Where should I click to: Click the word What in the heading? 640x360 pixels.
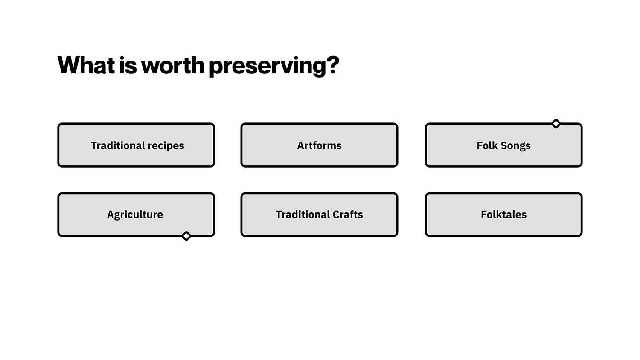[x=86, y=65]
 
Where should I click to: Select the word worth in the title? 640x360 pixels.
[x=173, y=65]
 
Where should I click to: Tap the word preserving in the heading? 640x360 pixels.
[x=268, y=66]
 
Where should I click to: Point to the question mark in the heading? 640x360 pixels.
[x=333, y=65]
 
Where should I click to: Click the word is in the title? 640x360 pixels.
[x=128, y=65]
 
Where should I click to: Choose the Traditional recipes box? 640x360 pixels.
[x=136, y=145]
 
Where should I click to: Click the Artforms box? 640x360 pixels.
[x=319, y=145]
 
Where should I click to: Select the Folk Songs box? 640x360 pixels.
[x=503, y=145]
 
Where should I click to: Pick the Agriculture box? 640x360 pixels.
[x=136, y=215]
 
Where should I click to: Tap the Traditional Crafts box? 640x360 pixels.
[x=319, y=215]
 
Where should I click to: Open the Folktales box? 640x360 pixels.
[x=503, y=215]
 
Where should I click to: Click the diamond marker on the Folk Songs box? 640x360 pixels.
[x=556, y=124]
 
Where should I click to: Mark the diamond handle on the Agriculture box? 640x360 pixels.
[x=186, y=236]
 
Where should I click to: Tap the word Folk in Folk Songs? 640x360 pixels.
[x=487, y=145]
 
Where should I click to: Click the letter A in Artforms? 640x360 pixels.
[x=301, y=145]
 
